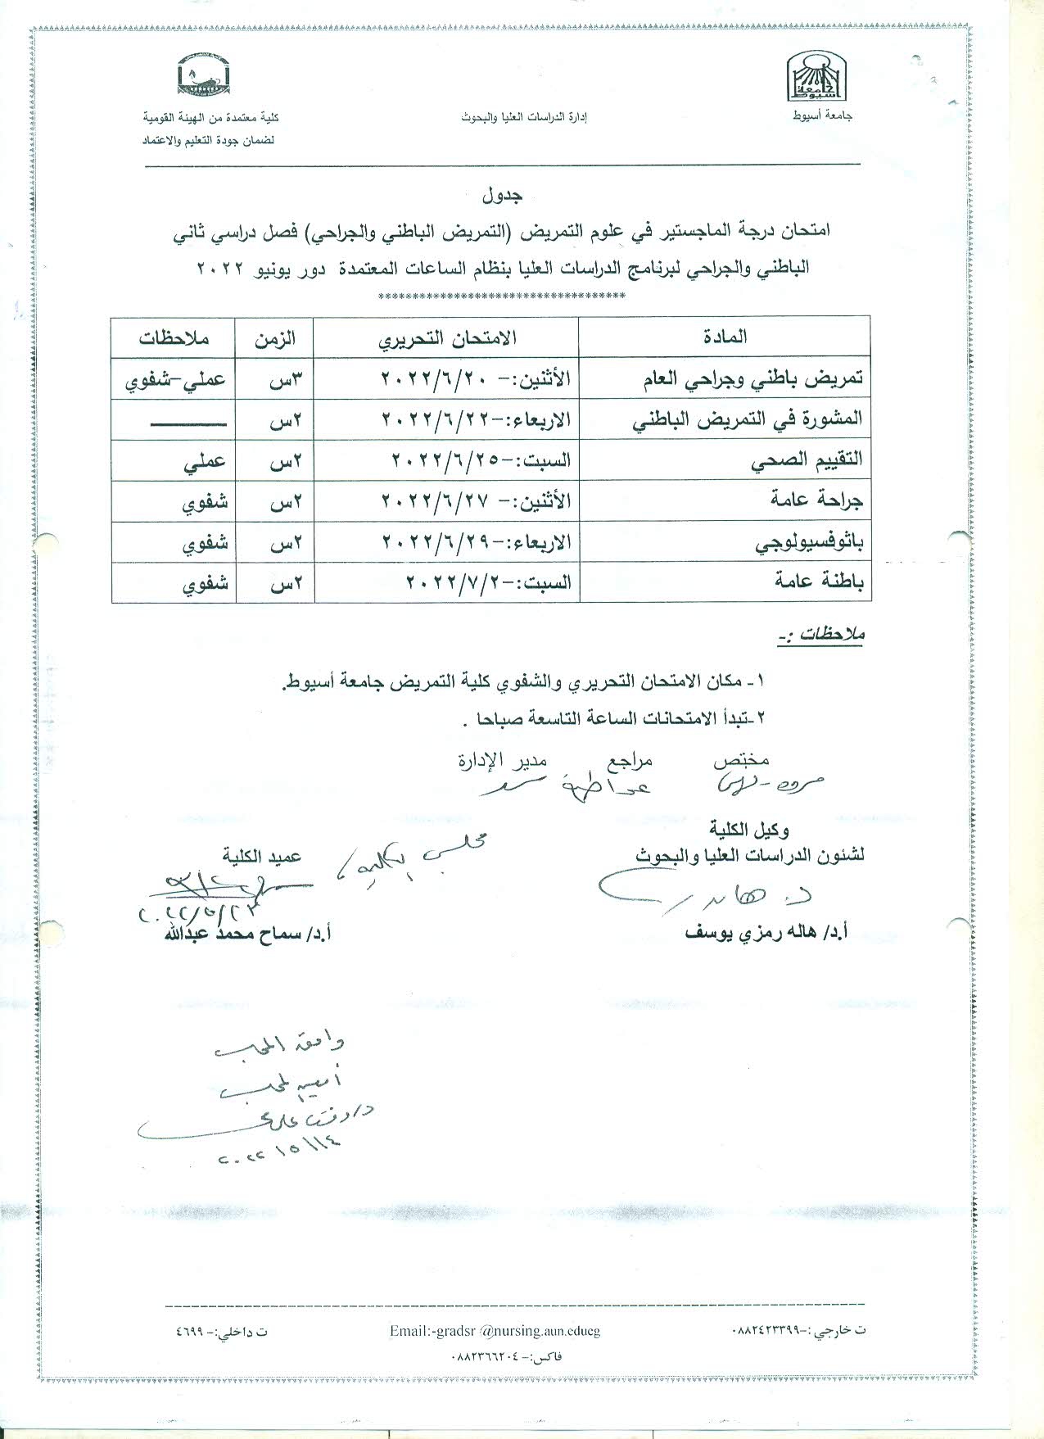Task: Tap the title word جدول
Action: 503,197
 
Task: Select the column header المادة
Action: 725,337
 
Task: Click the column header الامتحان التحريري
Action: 447,337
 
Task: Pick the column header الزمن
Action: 275,337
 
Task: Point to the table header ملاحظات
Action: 174,337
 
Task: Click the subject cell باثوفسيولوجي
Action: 808,541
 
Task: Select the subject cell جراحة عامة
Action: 817,500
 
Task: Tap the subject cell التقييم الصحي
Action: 807,460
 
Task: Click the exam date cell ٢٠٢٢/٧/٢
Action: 489,582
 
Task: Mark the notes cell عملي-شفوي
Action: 174,379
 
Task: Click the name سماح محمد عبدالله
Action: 246,934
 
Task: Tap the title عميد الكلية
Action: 261,856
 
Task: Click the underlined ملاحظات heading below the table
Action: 821,634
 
